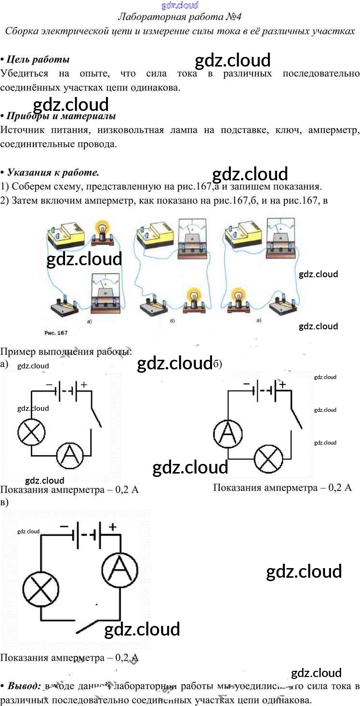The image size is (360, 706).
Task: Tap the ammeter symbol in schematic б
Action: coord(228,433)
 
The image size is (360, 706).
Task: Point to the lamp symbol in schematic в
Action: coord(41,590)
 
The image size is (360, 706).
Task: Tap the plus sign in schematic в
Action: coord(112,527)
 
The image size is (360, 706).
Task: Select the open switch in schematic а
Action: coord(96,415)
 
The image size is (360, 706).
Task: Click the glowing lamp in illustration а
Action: coord(102,229)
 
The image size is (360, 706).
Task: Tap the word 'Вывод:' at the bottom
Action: coord(24,686)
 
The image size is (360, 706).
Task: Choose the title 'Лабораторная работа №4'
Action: coord(180,17)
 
